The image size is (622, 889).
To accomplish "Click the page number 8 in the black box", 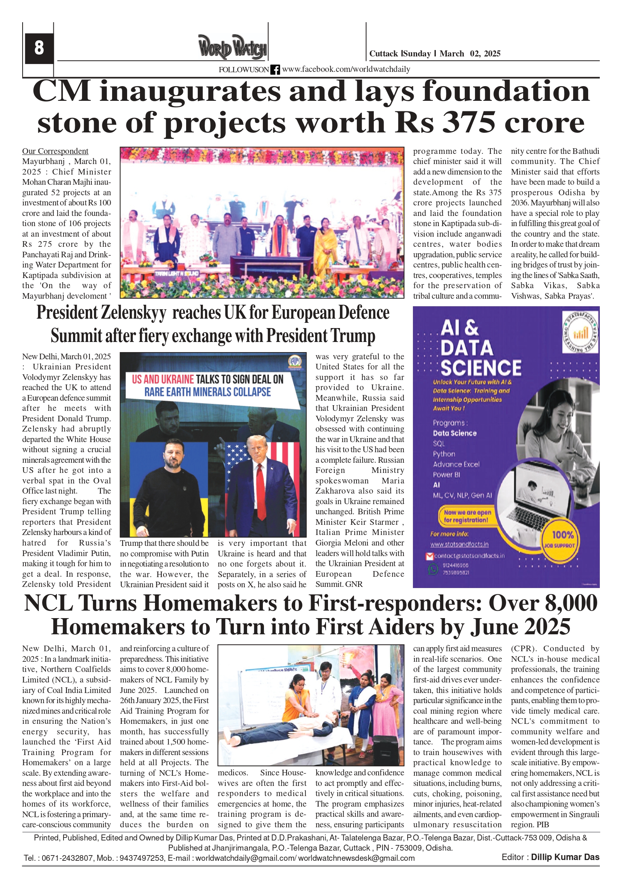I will click(x=39, y=48).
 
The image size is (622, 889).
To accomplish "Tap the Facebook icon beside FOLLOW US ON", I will click(x=275, y=70).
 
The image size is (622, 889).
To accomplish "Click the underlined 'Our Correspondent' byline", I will click(x=55, y=151).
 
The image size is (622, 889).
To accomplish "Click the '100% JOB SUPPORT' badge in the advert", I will click(x=562, y=539).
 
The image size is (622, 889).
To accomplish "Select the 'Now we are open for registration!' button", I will click(x=467, y=516).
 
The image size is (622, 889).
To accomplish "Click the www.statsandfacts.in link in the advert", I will click(x=459, y=544).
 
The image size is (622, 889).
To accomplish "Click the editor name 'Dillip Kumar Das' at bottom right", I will click(x=565, y=857).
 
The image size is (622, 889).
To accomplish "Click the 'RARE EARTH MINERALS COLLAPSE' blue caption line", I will click(x=208, y=392).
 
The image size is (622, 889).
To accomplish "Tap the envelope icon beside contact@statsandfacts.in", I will click(x=429, y=556).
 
